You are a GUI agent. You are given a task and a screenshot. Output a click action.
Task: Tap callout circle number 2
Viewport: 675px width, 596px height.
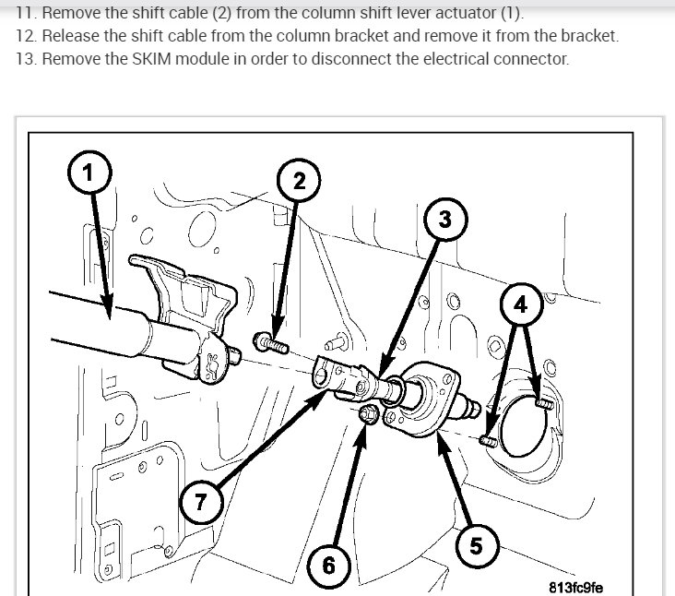pyautogui.click(x=299, y=182)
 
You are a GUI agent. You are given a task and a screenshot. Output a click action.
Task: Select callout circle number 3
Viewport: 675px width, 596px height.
pyautogui.click(x=444, y=220)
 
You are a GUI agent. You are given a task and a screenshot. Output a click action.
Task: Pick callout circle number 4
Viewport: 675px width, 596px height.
pyautogui.click(x=521, y=304)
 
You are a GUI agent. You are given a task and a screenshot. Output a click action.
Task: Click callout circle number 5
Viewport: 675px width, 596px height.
pyautogui.click(x=476, y=546)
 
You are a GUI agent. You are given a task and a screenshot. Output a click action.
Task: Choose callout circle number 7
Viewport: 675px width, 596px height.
pyautogui.click(x=201, y=503)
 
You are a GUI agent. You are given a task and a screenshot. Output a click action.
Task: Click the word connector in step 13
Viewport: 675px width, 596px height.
pyautogui.click(x=534, y=59)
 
